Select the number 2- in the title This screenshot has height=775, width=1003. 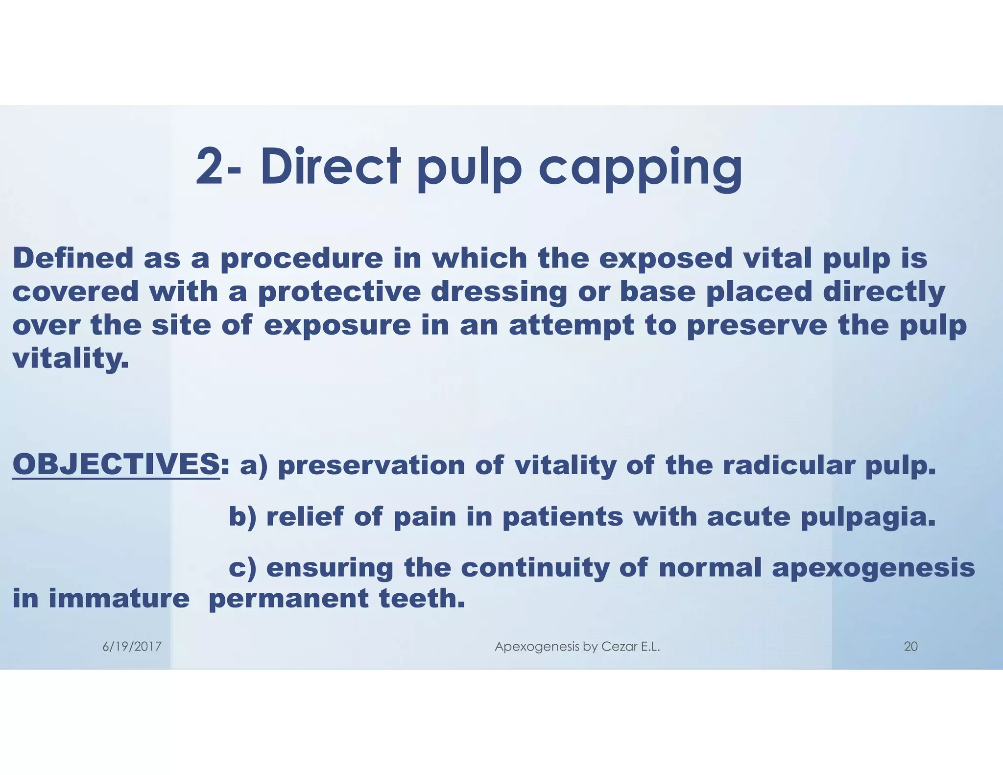218,168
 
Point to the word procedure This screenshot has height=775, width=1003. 302,259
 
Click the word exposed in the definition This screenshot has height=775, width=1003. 666,259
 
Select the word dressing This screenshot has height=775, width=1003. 499,292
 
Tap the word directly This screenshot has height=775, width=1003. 884,292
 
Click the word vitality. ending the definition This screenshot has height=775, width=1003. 71,359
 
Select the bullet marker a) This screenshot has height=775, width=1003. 254,465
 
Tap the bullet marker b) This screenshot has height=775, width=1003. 243,517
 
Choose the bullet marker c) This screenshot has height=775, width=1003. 243,568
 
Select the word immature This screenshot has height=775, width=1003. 119,599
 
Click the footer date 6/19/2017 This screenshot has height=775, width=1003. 132,647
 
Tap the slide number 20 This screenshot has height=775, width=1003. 910,647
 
